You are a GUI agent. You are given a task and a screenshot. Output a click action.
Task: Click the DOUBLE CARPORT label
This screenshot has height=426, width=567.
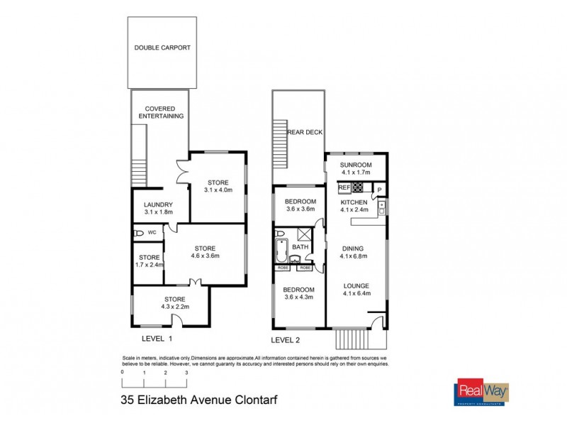point(162,48)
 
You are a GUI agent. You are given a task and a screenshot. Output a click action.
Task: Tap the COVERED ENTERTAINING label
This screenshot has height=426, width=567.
point(161,111)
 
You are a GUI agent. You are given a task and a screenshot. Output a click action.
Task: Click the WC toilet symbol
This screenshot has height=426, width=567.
point(137,233)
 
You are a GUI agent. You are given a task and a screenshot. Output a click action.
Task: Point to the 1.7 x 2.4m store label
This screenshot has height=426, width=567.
point(149,261)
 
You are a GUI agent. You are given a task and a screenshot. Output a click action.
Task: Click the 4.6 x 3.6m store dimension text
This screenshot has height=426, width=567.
point(206,256)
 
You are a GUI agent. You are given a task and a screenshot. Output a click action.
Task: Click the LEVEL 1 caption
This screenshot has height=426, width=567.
point(157,339)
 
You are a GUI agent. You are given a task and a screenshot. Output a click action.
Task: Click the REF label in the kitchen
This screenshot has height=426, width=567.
point(344,188)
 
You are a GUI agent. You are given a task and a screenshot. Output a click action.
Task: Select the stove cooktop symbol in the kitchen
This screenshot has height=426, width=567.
point(358,188)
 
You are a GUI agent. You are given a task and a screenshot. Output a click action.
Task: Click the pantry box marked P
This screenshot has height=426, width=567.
point(379,190)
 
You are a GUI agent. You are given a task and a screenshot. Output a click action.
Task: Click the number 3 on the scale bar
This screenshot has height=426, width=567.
point(186,372)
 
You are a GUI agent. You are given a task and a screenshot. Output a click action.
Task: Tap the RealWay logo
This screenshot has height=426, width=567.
point(476,393)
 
